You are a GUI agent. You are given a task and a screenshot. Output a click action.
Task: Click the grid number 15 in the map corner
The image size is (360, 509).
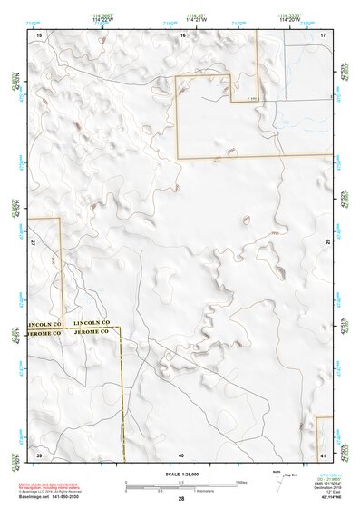click(x=39, y=34)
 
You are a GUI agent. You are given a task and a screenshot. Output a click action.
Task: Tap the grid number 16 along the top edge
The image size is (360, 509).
click(x=182, y=34)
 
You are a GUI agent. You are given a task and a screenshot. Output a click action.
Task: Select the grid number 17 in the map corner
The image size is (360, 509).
click(x=324, y=34)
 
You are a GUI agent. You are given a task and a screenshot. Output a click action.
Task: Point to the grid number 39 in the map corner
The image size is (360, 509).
click(x=39, y=454)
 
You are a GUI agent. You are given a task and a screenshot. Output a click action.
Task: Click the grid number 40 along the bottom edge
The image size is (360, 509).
click(x=181, y=454)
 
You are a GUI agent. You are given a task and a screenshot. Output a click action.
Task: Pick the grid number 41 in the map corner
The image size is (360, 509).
click(x=323, y=454)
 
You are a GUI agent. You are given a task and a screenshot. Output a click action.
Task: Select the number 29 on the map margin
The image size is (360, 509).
click(x=326, y=243)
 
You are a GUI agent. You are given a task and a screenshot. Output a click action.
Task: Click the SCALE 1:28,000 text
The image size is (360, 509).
click(x=181, y=475)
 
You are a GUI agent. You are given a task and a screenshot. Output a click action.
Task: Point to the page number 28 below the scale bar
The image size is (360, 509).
click(x=181, y=499)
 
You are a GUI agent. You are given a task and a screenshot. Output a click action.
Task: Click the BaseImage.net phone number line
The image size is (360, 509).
click(x=57, y=498)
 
